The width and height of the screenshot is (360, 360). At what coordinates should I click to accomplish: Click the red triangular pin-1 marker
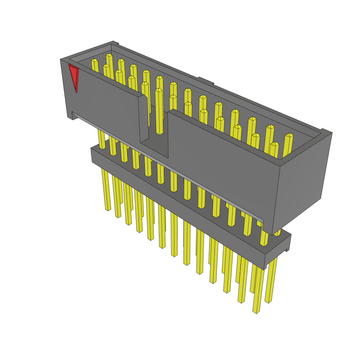[73, 77]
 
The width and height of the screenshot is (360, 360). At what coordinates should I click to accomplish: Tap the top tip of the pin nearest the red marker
[94, 60]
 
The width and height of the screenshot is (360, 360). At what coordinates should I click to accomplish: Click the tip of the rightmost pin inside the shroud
[289, 135]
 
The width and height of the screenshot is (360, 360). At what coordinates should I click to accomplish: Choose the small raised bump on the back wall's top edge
[206, 81]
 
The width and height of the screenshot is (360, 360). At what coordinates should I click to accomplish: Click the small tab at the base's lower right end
[287, 250]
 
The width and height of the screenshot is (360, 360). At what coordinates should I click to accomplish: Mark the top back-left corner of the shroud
[112, 43]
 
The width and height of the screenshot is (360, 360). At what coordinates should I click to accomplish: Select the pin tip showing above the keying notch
[159, 90]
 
